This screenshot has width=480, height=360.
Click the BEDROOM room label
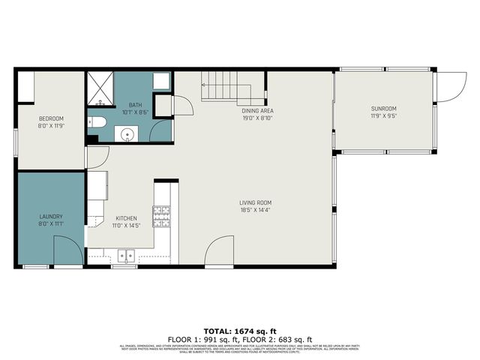click(x=52, y=118)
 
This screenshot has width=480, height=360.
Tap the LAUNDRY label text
click(x=51, y=217)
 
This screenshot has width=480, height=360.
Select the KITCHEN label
click(x=125, y=217)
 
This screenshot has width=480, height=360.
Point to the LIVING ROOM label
click(x=255, y=203)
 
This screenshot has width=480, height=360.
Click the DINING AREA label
click(x=256, y=110)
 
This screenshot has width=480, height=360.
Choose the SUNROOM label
click(x=382, y=109)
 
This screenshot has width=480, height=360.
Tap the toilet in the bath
click(x=97, y=122)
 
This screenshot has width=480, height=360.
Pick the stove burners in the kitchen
click(x=162, y=216)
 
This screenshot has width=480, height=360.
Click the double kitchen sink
click(x=124, y=256)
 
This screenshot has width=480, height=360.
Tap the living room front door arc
click(x=220, y=252)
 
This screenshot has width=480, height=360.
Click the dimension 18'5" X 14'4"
click(x=255, y=211)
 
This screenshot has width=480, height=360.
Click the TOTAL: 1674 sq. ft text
click(x=239, y=330)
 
